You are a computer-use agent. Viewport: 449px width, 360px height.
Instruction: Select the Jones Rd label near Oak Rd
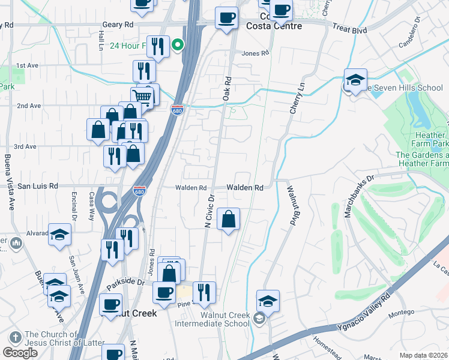255,53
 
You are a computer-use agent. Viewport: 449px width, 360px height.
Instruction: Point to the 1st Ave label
28,65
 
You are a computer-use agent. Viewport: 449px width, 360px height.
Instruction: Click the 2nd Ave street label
28,106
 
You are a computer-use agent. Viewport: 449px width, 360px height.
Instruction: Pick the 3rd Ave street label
25,146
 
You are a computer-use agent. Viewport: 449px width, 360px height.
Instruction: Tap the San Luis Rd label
37,186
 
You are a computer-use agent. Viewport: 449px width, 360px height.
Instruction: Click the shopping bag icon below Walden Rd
228,220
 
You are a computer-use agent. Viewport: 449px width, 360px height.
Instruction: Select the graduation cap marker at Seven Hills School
355,80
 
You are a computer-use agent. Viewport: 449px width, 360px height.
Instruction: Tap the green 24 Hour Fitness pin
178,45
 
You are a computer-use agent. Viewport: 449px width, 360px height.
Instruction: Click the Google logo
20,353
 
